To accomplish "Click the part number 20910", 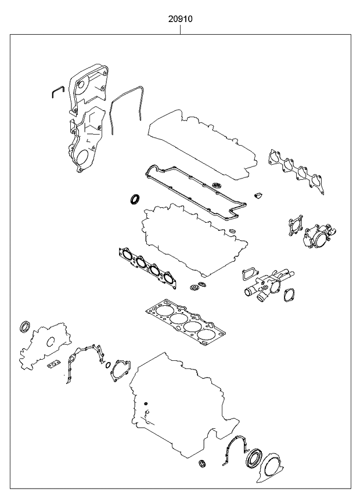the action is (x=181, y=19).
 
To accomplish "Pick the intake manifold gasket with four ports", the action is (x=297, y=172).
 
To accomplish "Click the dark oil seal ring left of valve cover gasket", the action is (x=135, y=199).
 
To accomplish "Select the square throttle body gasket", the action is (x=296, y=225).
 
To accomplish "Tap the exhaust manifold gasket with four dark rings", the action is (x=147, y=267).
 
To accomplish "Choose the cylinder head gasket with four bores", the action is (x=185, y=323).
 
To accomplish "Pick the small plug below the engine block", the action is (x=202, y=463).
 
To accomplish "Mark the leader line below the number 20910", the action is (x=181, y=29).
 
